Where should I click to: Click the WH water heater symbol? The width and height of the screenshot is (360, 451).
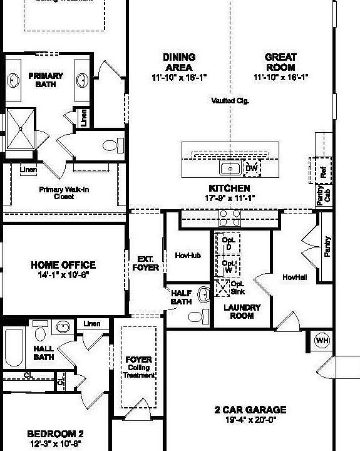[322, 340]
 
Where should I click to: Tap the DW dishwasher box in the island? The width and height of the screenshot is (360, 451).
[252, 168]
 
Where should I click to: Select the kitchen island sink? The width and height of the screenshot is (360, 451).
[229, 168]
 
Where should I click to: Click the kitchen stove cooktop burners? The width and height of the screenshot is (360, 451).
[229, 217]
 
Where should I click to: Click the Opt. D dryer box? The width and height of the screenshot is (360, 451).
[227, 244]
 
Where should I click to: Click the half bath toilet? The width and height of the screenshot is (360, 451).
[196, 316]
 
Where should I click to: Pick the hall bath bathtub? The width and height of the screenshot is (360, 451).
[14, 349]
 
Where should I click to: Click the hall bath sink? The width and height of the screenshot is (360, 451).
[62, 326]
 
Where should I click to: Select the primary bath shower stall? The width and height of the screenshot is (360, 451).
[21, 128]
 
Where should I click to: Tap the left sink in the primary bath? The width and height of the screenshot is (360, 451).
[13, 80]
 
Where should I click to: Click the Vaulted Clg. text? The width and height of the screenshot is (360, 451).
[230, 100]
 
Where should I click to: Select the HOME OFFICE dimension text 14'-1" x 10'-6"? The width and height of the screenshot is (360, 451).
[63, 274]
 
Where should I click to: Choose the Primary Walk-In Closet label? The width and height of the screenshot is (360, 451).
[65, 192]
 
